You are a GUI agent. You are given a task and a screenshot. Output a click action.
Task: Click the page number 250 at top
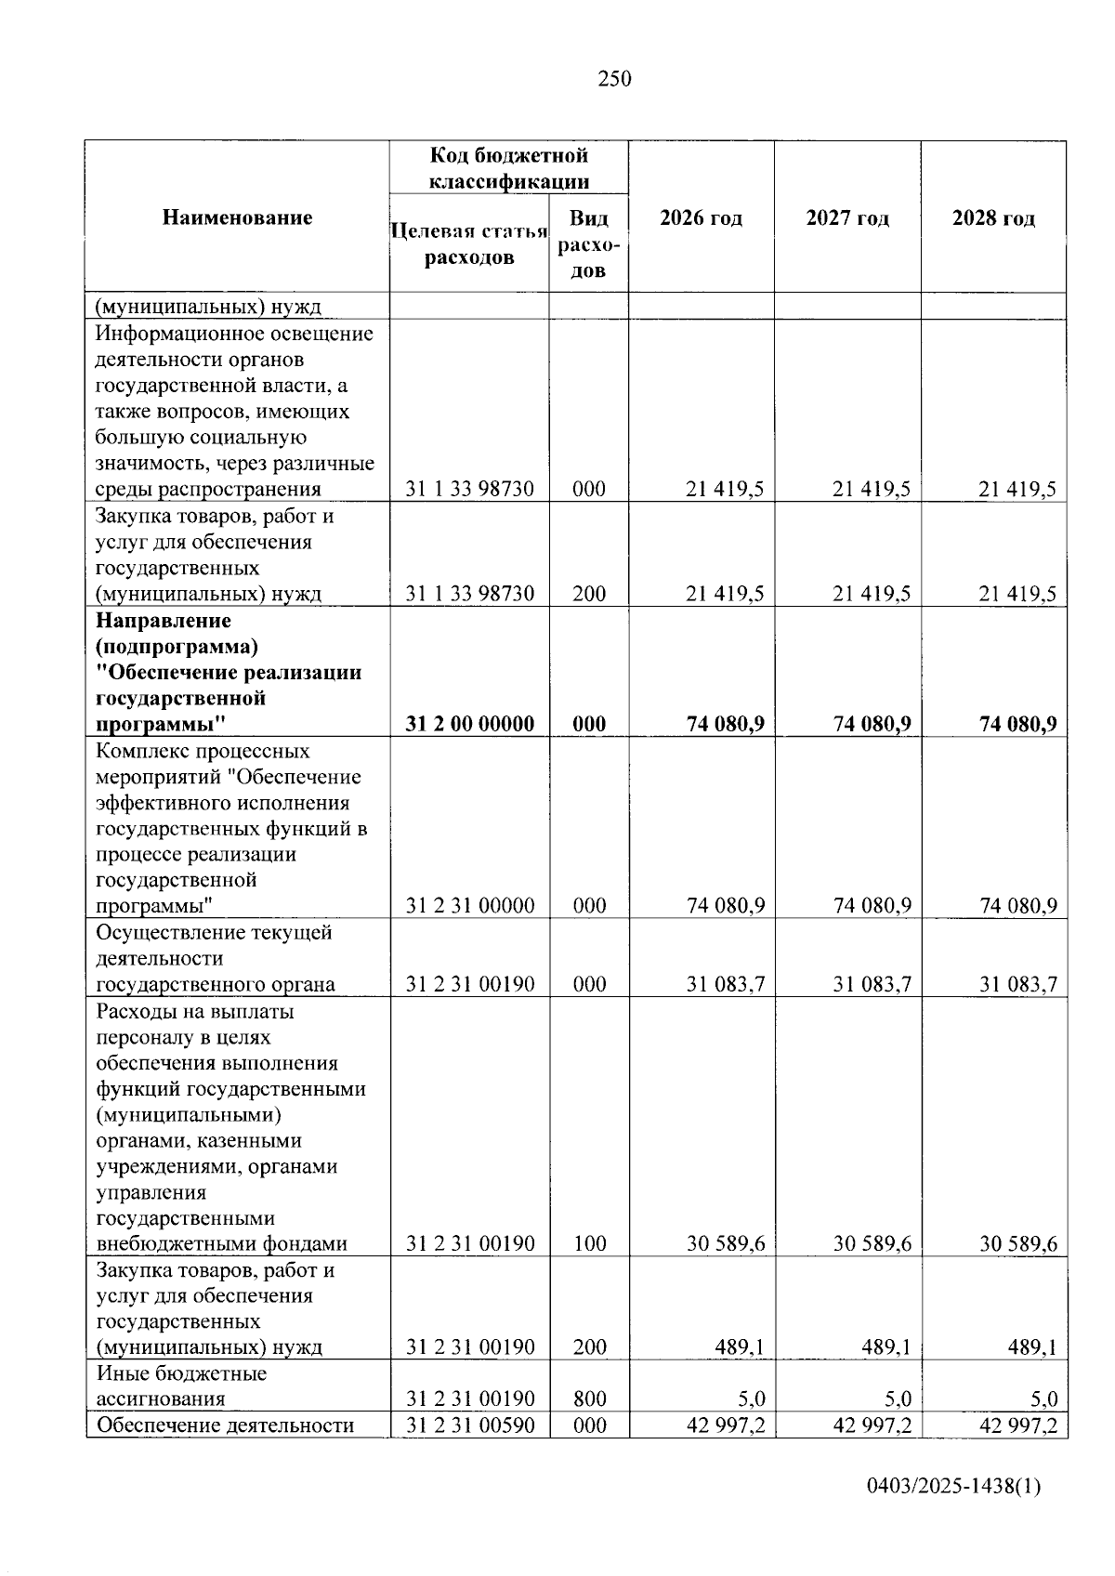tap(614, 79)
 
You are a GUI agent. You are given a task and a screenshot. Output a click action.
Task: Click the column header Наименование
tap(238, 217)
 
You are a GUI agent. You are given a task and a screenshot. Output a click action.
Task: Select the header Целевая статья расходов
tap(469, 243)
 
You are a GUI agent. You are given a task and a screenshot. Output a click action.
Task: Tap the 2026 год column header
tap(702, 218)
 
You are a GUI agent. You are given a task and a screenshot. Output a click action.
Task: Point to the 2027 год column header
tap(847, 218)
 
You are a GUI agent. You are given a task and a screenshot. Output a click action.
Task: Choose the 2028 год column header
tap(993, 218)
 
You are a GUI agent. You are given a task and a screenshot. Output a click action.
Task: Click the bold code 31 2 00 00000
tap(470, 724)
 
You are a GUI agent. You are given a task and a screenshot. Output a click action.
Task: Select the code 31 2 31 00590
tap(470, 1425)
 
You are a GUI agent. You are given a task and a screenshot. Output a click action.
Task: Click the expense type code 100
tap(589, 1243)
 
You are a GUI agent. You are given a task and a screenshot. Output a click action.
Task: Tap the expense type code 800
tap(589, 1399)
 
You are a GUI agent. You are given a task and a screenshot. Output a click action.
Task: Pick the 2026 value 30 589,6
tap(726, 1243)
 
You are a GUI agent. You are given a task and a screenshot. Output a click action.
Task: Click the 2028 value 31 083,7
tap(1018, 984)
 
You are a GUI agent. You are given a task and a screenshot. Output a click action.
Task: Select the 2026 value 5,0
tap(752, 1399)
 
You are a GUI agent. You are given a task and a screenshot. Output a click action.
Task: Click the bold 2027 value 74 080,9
tap(872, 724)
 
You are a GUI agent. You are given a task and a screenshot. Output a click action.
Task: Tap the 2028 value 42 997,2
tap(1018, 1425)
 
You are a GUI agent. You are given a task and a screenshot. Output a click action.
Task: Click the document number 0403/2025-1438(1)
tap(953, 1486)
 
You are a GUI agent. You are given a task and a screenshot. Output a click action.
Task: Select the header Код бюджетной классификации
tap(509, 167)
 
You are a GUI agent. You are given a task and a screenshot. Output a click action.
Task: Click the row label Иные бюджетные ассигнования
tap(181, 1386)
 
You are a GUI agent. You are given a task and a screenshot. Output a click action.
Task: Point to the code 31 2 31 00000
tap(470, 905)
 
